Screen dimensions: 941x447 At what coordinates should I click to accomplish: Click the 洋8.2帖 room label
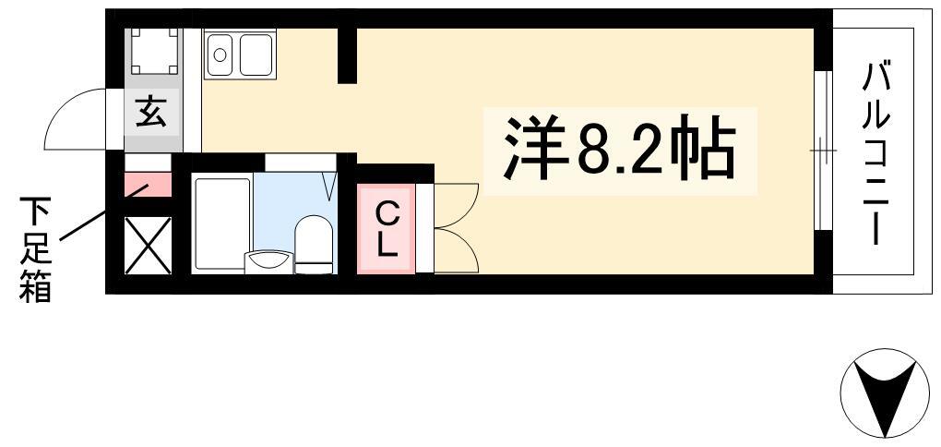coord(619,148)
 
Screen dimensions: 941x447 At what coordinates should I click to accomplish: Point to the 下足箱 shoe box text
coord(35,248)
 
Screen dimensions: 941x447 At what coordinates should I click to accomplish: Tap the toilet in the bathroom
coord(314,245)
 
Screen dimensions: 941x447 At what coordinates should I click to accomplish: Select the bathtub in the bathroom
coord(221,223)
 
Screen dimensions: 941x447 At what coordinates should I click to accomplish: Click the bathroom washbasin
coord(269,261)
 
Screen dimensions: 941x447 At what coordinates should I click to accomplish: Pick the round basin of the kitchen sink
coord(220,54)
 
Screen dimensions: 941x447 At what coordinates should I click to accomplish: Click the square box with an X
coord(148,246)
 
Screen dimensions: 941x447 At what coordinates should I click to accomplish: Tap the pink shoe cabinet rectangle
coord(148,185)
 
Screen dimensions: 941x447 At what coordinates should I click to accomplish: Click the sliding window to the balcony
coord(823,151)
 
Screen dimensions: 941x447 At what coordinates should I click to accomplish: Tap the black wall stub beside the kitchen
coord(348,54)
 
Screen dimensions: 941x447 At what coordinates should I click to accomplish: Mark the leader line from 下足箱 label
coord(102,212)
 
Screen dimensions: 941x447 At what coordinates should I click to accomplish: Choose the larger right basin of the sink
coord(256,54)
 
